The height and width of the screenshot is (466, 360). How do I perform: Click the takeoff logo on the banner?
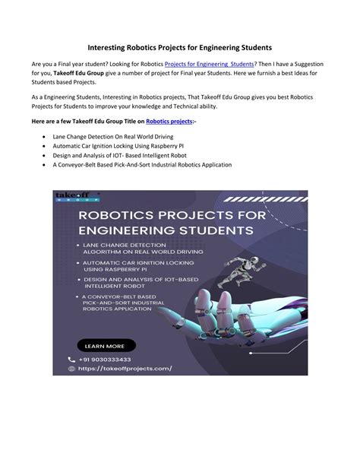pos(73,198)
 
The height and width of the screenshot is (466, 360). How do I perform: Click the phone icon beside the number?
pos(72,360)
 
